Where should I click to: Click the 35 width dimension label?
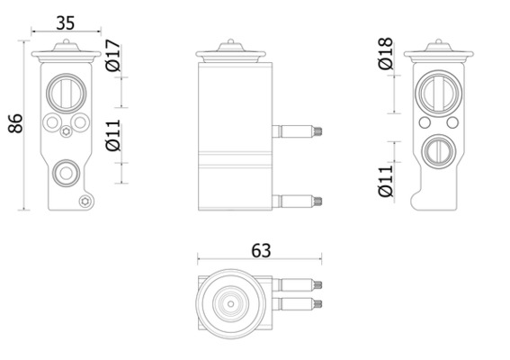pos(66,23)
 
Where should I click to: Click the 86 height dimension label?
pos(15,123)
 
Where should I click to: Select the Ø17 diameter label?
pos(112,55)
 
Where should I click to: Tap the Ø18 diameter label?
pos(386,53)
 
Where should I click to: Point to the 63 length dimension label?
pos(261,250)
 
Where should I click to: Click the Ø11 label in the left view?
pos(112,135)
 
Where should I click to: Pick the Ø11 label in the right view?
pos(386,181)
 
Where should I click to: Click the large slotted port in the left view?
pos(67,94)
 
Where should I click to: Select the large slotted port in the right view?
pos(437,93)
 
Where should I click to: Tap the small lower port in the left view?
pos(67,173)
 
